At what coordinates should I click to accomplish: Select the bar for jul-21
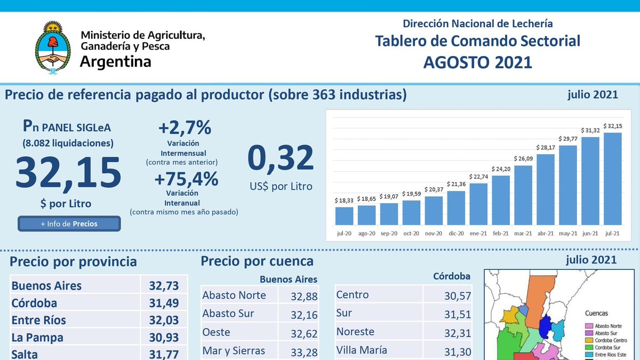pos(612,179)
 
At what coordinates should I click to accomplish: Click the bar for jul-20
pos(344,215)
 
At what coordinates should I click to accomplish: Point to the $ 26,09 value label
pos(523,159)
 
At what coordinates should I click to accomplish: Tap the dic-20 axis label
pos(456,233)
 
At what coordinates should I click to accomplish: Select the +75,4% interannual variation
pos(186,179)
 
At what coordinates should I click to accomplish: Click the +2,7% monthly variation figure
pos(185,128)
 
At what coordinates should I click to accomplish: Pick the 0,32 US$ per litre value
pos(281,159)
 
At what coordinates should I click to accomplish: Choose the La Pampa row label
pos(37,338)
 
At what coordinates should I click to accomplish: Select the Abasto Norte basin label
pos(234,294)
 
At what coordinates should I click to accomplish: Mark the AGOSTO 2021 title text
pos(477,62)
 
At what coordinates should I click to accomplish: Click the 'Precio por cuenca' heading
pos(257,261)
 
